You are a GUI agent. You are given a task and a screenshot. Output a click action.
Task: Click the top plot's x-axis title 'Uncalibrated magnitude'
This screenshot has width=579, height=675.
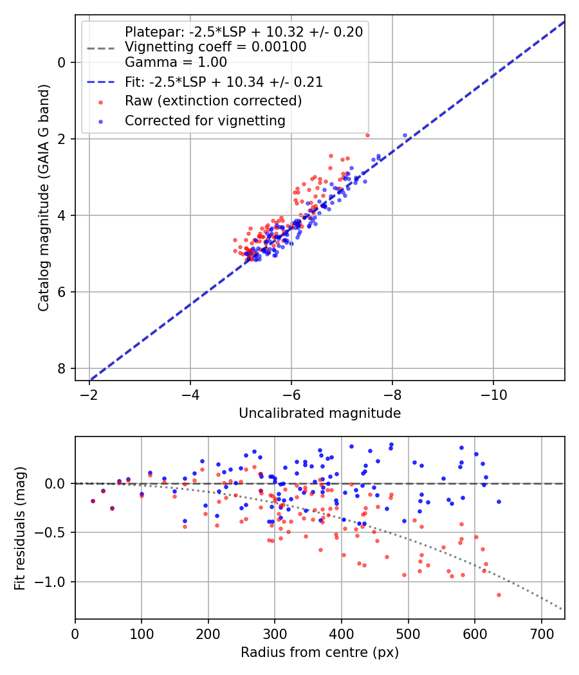(320, 413)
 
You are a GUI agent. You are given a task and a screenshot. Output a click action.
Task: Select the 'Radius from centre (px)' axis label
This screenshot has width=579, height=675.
(320, 652)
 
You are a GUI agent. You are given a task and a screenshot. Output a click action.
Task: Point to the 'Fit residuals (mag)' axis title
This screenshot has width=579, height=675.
(20, 528)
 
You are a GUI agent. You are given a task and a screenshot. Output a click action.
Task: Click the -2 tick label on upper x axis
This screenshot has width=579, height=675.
(89, 393)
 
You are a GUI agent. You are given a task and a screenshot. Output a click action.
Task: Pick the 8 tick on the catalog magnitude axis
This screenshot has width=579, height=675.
(62, 368)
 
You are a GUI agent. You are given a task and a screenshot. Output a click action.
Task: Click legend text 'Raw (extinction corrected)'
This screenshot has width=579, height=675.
(213, 101)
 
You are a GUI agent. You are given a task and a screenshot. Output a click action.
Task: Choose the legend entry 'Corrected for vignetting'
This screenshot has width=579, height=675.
(205, 120)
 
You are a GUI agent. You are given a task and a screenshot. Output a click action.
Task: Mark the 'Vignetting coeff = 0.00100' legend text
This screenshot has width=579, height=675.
(216, 47)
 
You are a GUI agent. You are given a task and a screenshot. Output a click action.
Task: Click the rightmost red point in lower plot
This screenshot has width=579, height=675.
(499, 595)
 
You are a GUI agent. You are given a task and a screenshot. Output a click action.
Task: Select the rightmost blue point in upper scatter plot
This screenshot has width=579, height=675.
(405, 136)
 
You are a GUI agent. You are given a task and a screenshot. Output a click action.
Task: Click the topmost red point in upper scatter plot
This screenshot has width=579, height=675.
(367, 135)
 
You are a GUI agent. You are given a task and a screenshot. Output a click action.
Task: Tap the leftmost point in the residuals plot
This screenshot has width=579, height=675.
(93, 501)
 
